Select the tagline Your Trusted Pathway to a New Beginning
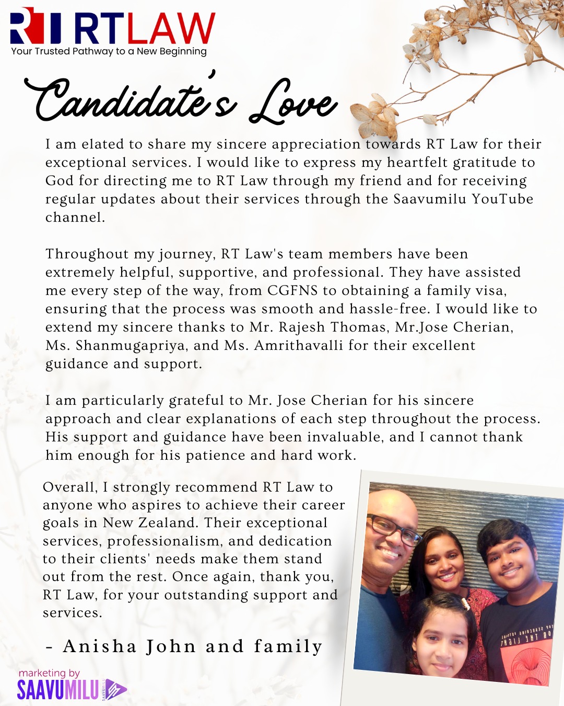point(109,51)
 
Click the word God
point(60,181)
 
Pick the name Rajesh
point(302,327)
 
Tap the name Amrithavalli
point(299,346)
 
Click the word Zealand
point(167,523)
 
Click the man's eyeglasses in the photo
point(394,529)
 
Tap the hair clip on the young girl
point(464,605)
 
